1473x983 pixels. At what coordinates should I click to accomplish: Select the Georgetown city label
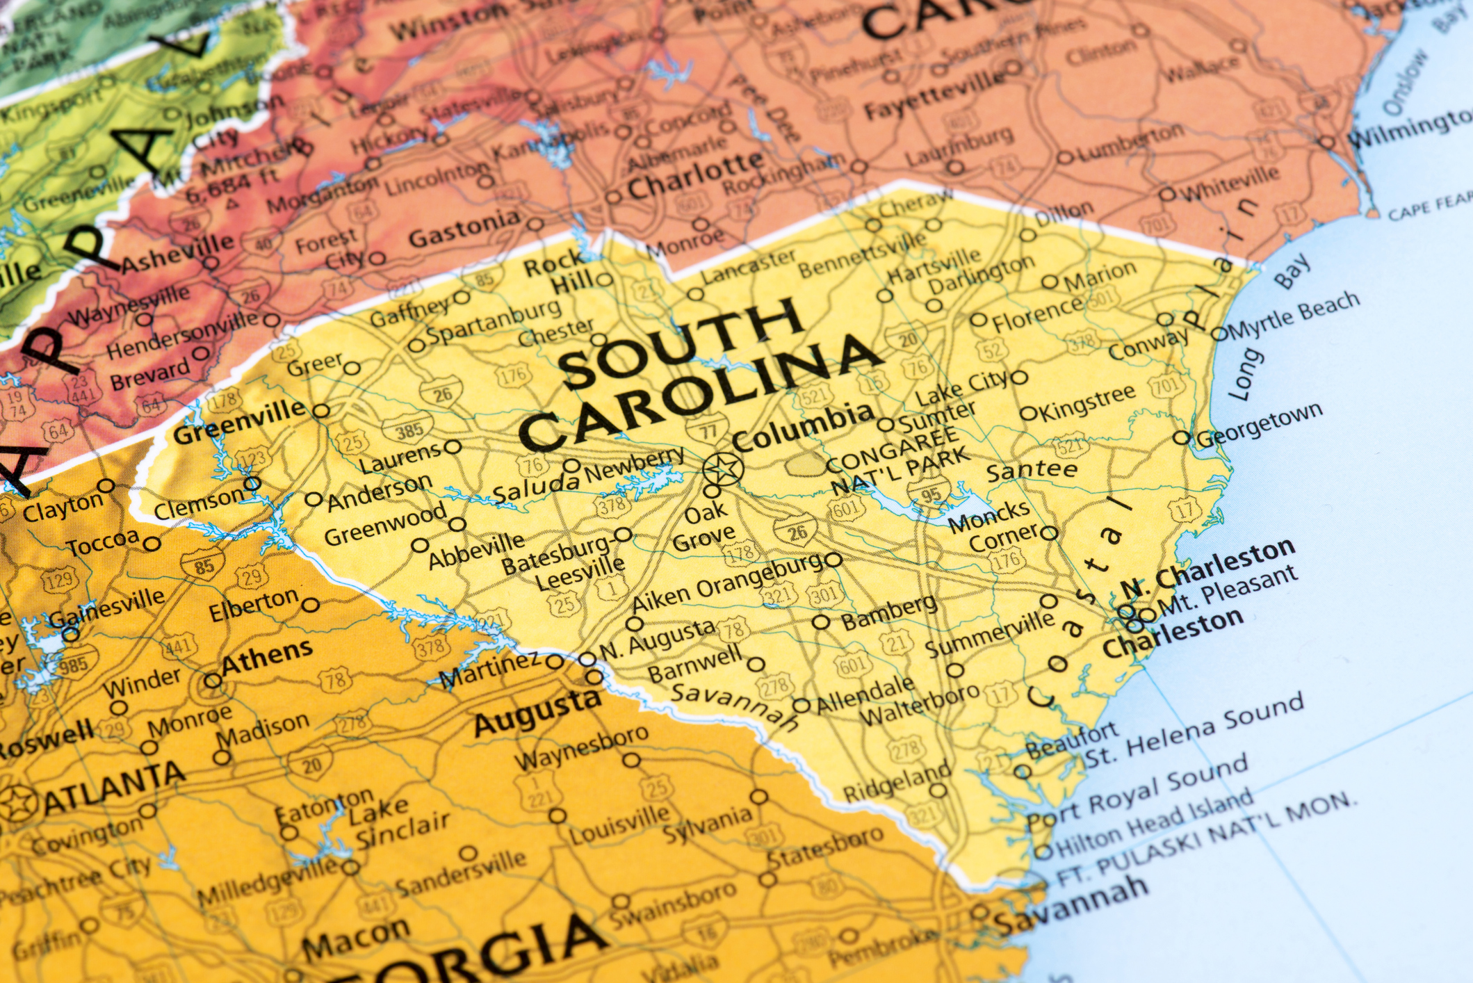(1258, 425)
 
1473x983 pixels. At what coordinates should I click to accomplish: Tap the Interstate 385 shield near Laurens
(409, 431)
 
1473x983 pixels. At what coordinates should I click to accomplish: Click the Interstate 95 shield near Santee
(931, 494)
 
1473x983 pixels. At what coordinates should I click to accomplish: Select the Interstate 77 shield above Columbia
(708, 430)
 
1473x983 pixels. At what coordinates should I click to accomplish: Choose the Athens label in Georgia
(267, 656)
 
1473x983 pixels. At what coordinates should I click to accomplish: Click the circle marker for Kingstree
(1027, 414)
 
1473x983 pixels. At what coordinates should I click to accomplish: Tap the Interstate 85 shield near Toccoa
(204, 566)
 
